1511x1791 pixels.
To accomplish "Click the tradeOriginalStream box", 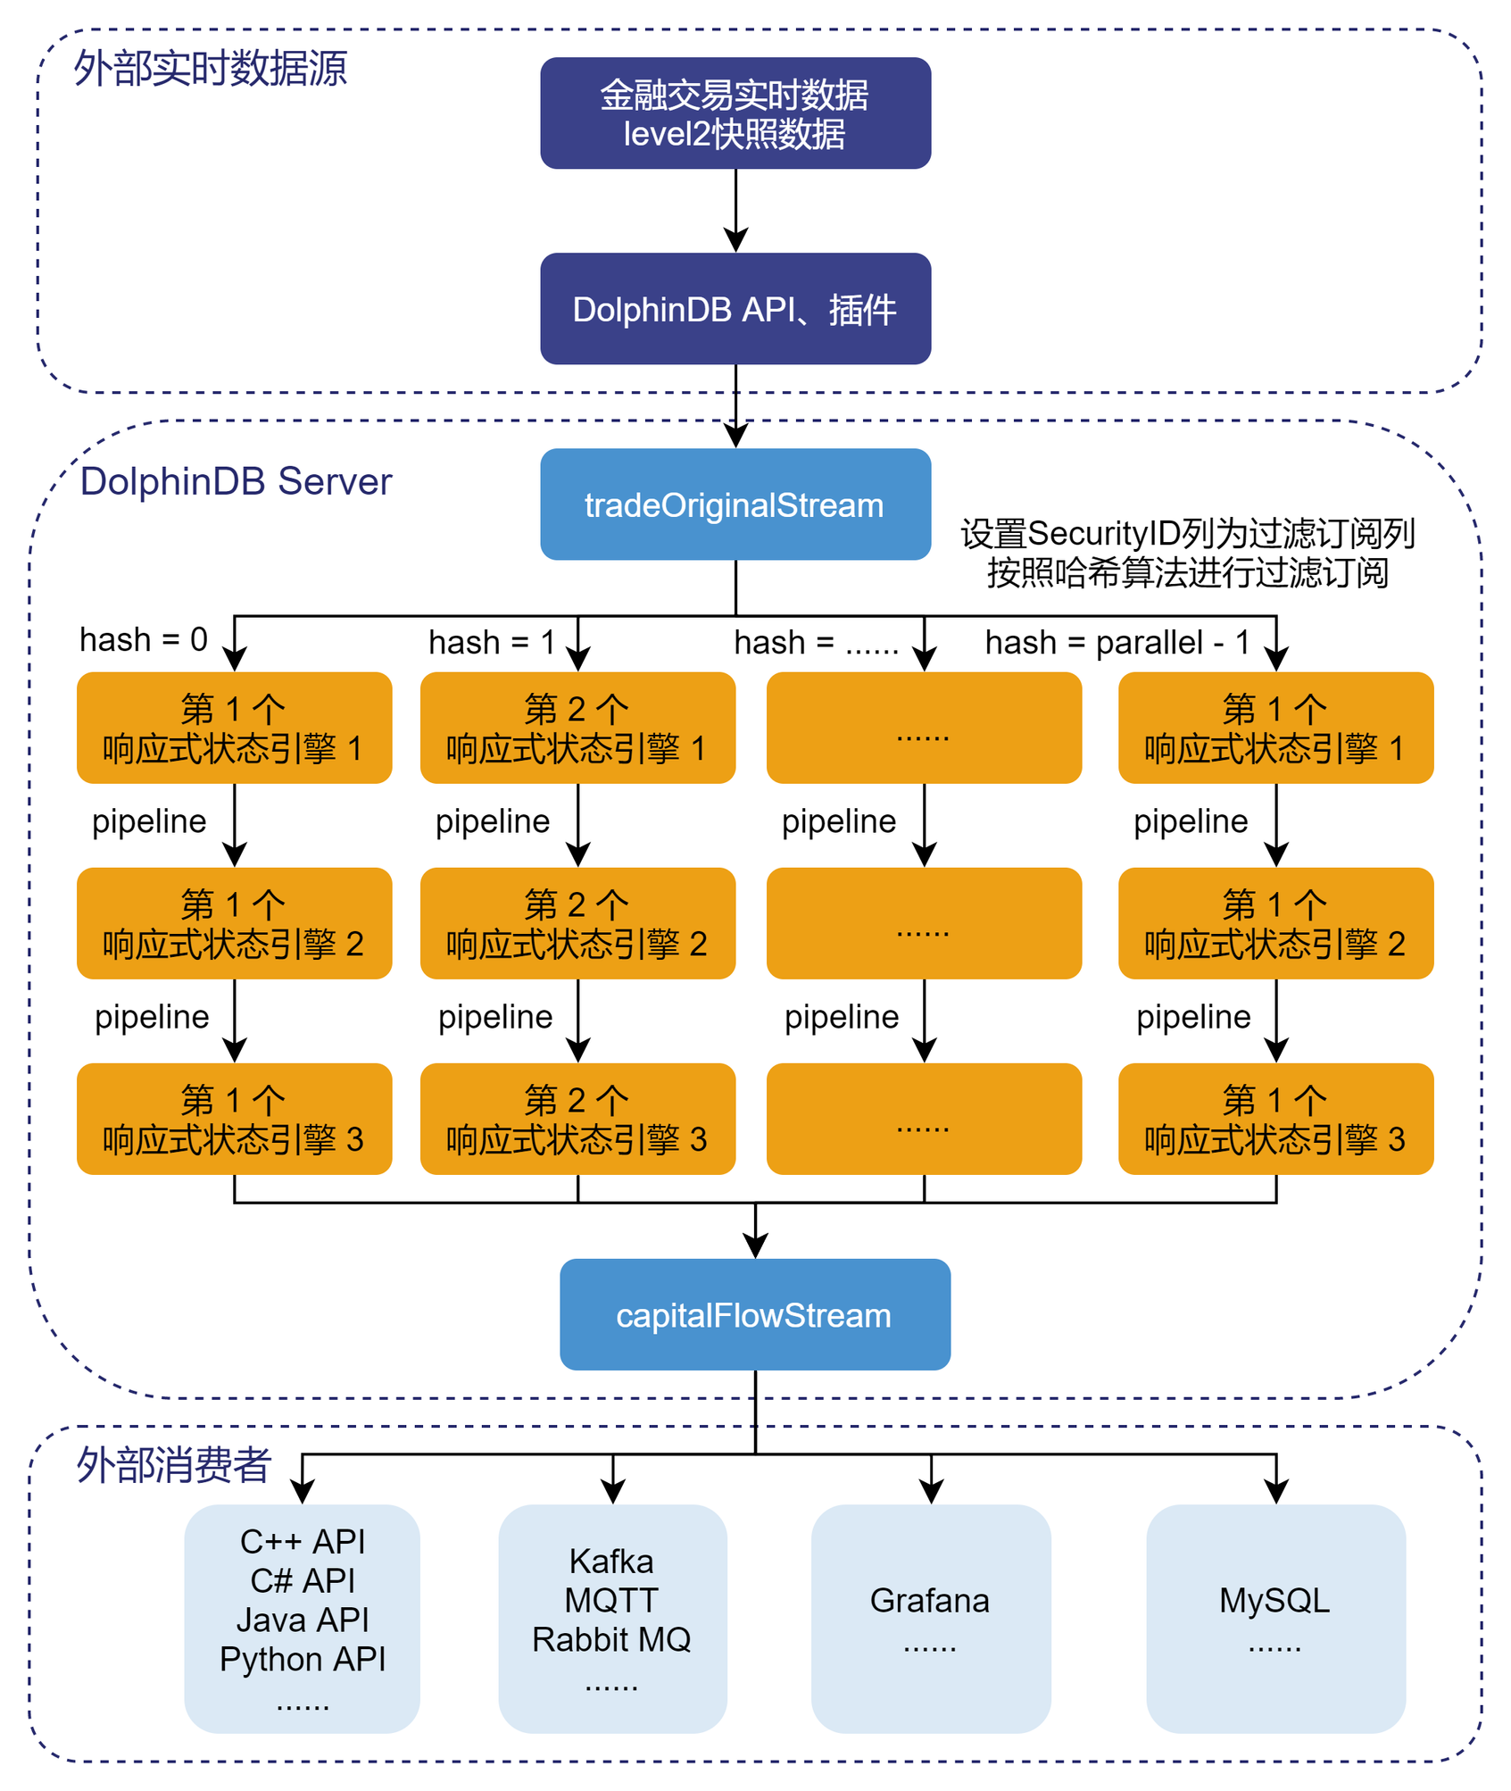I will tap(735, 504).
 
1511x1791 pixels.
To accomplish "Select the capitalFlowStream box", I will tap(754, 1314).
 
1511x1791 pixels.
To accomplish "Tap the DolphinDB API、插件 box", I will tap(735, 309).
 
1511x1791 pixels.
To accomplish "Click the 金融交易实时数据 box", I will tap(735, 113).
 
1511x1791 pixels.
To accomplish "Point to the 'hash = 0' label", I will tap(143, 639).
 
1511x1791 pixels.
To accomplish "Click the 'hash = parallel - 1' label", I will tap(1117, 642).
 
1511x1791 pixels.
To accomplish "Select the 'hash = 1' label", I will tap(492, 642).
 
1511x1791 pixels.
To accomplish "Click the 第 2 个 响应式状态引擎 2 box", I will tap(577, 923).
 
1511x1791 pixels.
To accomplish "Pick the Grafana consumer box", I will tap(930, 1618).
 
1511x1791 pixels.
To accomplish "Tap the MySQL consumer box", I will tap(1274, 1618).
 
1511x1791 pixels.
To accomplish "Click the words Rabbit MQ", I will tap(611, 1639).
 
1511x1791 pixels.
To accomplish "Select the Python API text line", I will tap(303, 1659).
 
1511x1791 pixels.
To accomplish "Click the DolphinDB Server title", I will tap(236, 481).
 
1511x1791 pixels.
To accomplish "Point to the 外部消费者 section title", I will tap(173, 1464).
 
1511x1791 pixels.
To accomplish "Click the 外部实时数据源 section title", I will tap(210, 68).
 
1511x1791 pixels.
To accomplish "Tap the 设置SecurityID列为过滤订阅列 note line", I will tap(1187, 534).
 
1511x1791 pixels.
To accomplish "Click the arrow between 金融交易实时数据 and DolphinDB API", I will tap(735, 211).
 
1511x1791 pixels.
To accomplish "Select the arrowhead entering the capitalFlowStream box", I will tap(755, 1246).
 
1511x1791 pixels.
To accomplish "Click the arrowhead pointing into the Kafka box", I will tap(612, 1491).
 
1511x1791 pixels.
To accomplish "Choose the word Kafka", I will tap(611, 1562).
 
